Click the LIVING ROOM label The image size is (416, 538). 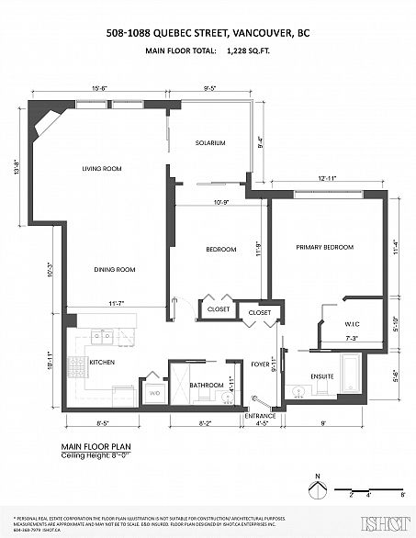[102, 168]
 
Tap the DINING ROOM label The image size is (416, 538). [114, 269]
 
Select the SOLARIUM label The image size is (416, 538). [209, 142]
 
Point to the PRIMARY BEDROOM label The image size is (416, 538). [324, 248]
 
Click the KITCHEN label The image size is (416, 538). [101, 362]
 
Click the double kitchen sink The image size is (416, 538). [103, 337]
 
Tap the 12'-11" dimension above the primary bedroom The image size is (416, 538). [329, 178]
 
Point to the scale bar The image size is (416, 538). [367, 490]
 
